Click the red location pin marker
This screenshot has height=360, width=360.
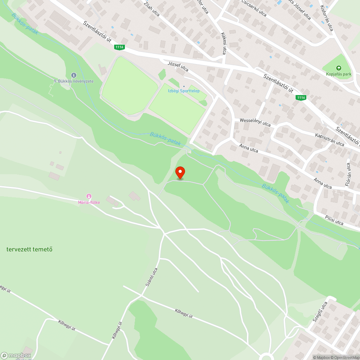point(180,172)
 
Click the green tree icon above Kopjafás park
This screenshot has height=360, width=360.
point(338,68)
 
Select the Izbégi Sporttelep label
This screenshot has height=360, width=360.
point(184,91)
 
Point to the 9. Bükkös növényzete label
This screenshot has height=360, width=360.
point(74,81)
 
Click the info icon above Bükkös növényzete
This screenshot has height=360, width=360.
point(74,75)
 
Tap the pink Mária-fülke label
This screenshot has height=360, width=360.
point(89,202)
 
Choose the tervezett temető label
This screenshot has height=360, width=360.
point(29,249)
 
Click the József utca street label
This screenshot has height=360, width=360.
point(178,67)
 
